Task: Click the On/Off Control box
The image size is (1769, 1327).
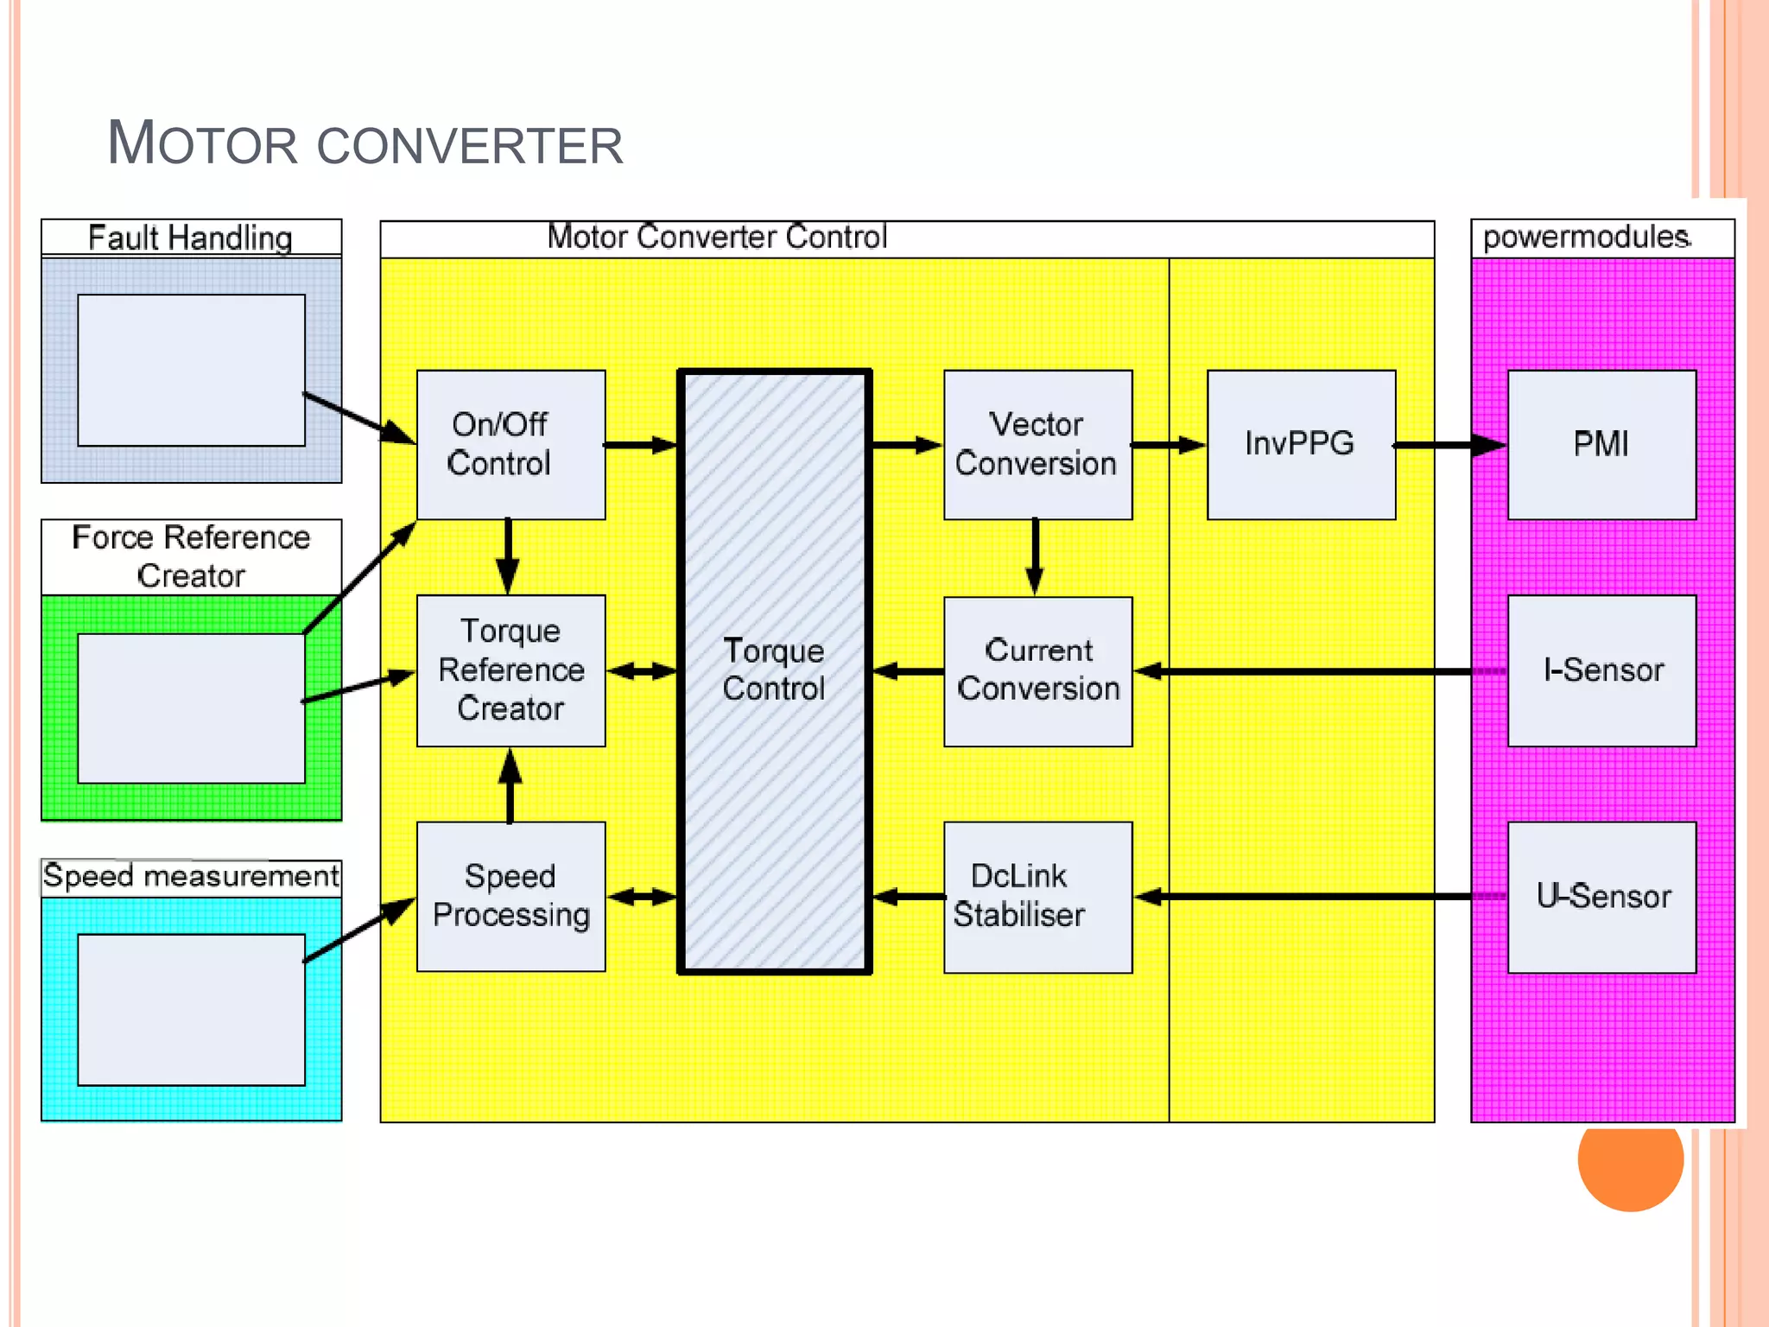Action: [510, 444]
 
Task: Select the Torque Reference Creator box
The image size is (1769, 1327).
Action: [510, 670]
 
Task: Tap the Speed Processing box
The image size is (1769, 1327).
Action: [510, 896]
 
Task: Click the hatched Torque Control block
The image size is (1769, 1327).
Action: [774, 670]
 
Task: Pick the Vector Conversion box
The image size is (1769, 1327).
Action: [1037, 444]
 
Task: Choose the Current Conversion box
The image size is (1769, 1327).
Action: [1037, 670]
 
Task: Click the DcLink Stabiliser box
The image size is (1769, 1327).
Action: [1037, 897]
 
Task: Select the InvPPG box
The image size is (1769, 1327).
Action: [1301, 444]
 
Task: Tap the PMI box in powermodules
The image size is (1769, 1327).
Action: [1601, 444]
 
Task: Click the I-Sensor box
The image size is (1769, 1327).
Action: [1601, 670]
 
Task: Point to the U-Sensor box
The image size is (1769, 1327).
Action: [1601, 897]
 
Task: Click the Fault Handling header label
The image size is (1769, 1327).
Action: [191, 238]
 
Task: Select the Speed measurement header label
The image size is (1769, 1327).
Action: [191, 877]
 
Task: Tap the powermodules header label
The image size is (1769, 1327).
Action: [1586, 238]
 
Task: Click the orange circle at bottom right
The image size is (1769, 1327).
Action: [1630, 1159]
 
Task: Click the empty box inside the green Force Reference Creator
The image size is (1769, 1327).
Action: [191, 708]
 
